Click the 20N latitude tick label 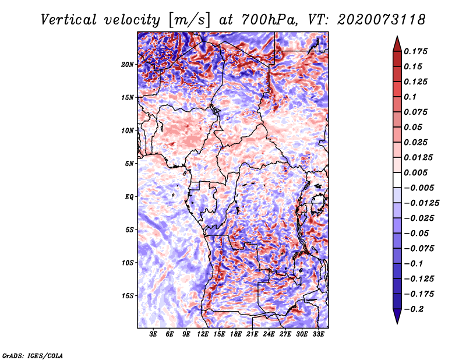tap(128, 64)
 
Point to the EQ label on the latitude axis tap(129, 197)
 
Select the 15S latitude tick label tap(128, 296)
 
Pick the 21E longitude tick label tap(252, 334)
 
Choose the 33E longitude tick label tap(318, 334)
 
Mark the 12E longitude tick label tap(203, 334)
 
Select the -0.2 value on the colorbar tap(415, 309)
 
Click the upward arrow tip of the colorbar tap(397, 38)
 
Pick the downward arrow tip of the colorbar tap(397, 322)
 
